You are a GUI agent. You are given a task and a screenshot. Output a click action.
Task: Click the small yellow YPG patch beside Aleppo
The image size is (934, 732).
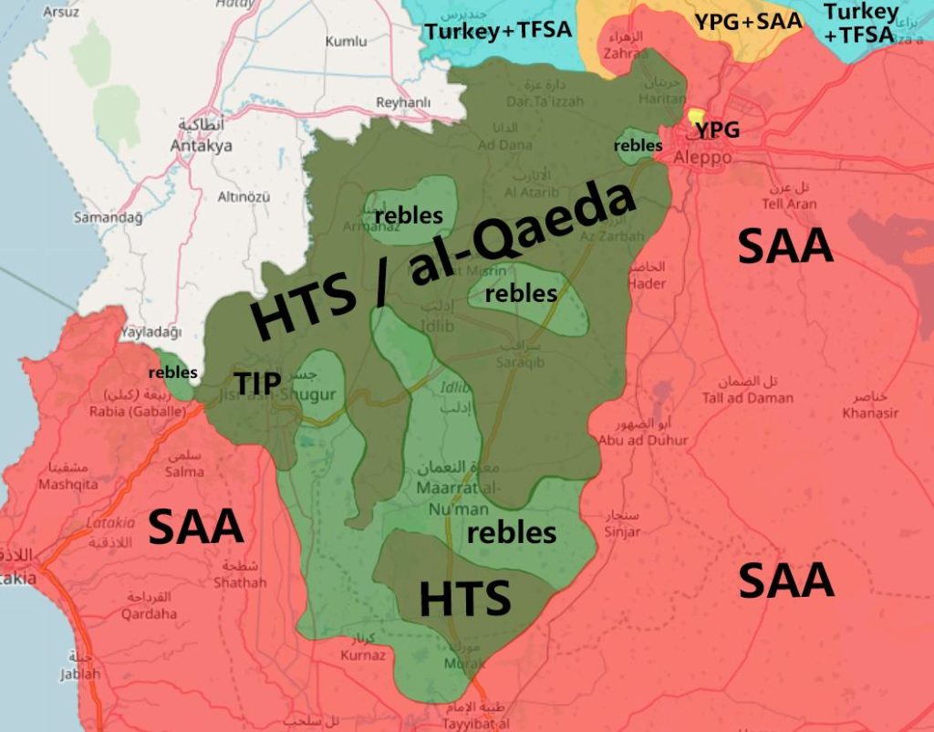pyautogui.click(x=698, y=117)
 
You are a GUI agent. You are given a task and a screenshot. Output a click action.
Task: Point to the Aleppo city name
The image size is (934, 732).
pyautogui.click(x=702, y=157)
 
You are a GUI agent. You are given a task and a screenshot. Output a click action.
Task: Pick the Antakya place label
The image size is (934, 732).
pyautogui.click(x=202, y=146)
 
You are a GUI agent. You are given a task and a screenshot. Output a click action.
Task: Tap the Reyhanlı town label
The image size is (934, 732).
pyautogui.click(x=403, y=102)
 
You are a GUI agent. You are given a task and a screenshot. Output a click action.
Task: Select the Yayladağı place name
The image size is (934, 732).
pyautogui.click(x=150, y=332)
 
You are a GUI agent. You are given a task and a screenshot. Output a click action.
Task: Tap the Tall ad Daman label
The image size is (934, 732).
pyautogui.click(x=747, y=397)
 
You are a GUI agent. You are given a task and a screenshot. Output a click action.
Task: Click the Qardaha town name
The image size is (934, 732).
pyautogui.click(x=150, y=613)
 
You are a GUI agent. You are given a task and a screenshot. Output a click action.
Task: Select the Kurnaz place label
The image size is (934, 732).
pyautogui.click(x=362, y=654)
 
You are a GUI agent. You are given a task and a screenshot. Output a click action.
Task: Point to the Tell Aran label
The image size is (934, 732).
pyautogui.click(x=790, y=204)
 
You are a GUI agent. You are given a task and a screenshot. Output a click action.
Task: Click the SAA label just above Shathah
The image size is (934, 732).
pyautogui.click(x=195, y=527)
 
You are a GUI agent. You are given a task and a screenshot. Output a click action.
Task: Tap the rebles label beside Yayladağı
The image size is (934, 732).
pyautogui.click(x=172, y=371)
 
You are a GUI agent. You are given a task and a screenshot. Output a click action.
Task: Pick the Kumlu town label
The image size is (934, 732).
pyautogui.click(x=346, y=41)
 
